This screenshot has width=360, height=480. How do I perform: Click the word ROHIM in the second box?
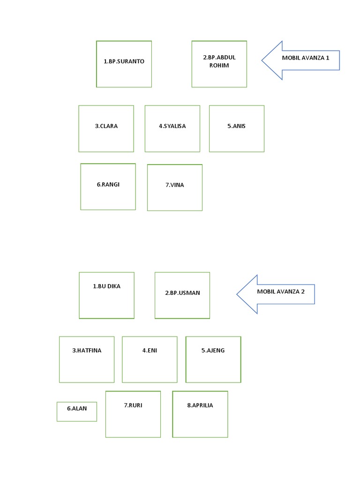(219, 65)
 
